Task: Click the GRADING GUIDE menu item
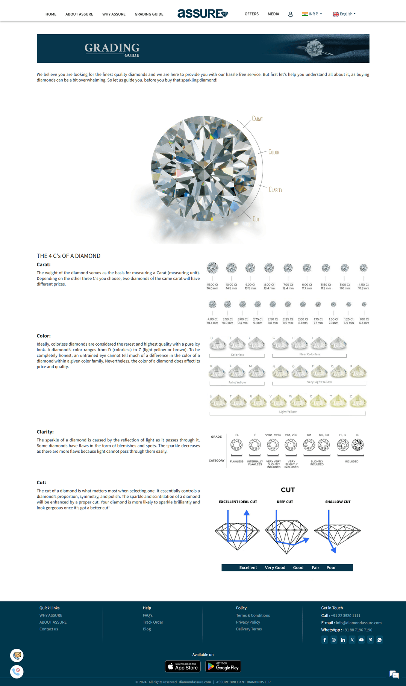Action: [x=149, y=14]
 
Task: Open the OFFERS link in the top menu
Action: [x=251, y=14]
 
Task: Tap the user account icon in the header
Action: [x=291, y=14]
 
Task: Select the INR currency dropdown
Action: [x=312, y=14]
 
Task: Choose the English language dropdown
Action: [x=344, y=14]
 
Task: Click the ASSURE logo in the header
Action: [x=203, y=14]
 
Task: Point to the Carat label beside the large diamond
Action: [x=257, y=119]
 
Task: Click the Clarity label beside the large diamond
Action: [x=275, y=190]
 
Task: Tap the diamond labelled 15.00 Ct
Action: [x=212, y=268]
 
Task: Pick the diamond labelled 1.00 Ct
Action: [x=364, y=304]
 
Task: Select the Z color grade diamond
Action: [x=358, y=402]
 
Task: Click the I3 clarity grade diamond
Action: [x=358, y=445]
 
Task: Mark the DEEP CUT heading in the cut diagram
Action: [x=285, y=502]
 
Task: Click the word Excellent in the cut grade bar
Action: [x=248, y=568]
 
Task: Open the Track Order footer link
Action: [x=153, y=622]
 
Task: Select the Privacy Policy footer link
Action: [x=248, y=622]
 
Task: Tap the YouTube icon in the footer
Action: [x=361, y=640]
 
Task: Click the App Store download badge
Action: [x=183, y=666]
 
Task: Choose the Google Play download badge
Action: [x=223, y=666]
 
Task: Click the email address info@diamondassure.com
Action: [x=359, y=623]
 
